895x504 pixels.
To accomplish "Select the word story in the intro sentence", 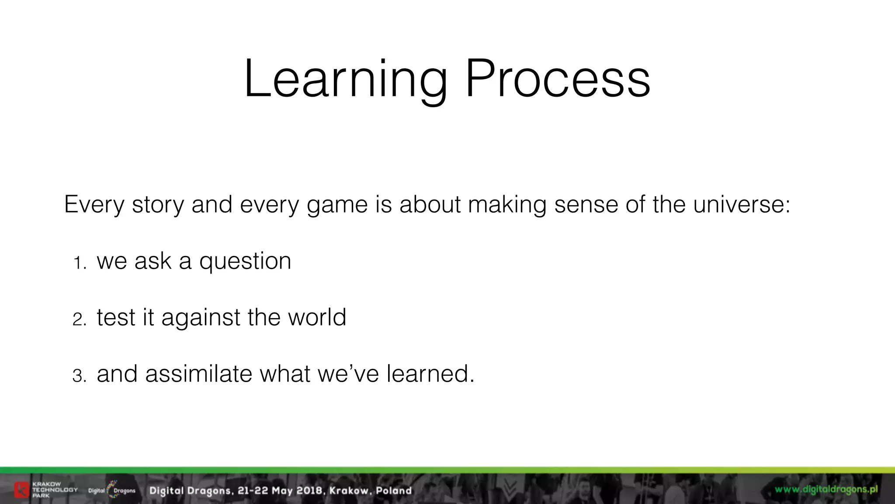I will [x=158, y=205].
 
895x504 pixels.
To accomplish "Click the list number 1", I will [x=80, y=263].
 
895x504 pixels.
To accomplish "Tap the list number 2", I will [x=80, y=320].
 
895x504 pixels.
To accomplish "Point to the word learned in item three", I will [x=430, y=374].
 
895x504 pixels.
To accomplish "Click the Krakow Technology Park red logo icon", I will [x=21, y=490].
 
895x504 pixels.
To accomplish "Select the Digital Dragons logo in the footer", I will [x=112, y=490].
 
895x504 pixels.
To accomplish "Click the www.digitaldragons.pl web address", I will [x=826, y=489].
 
